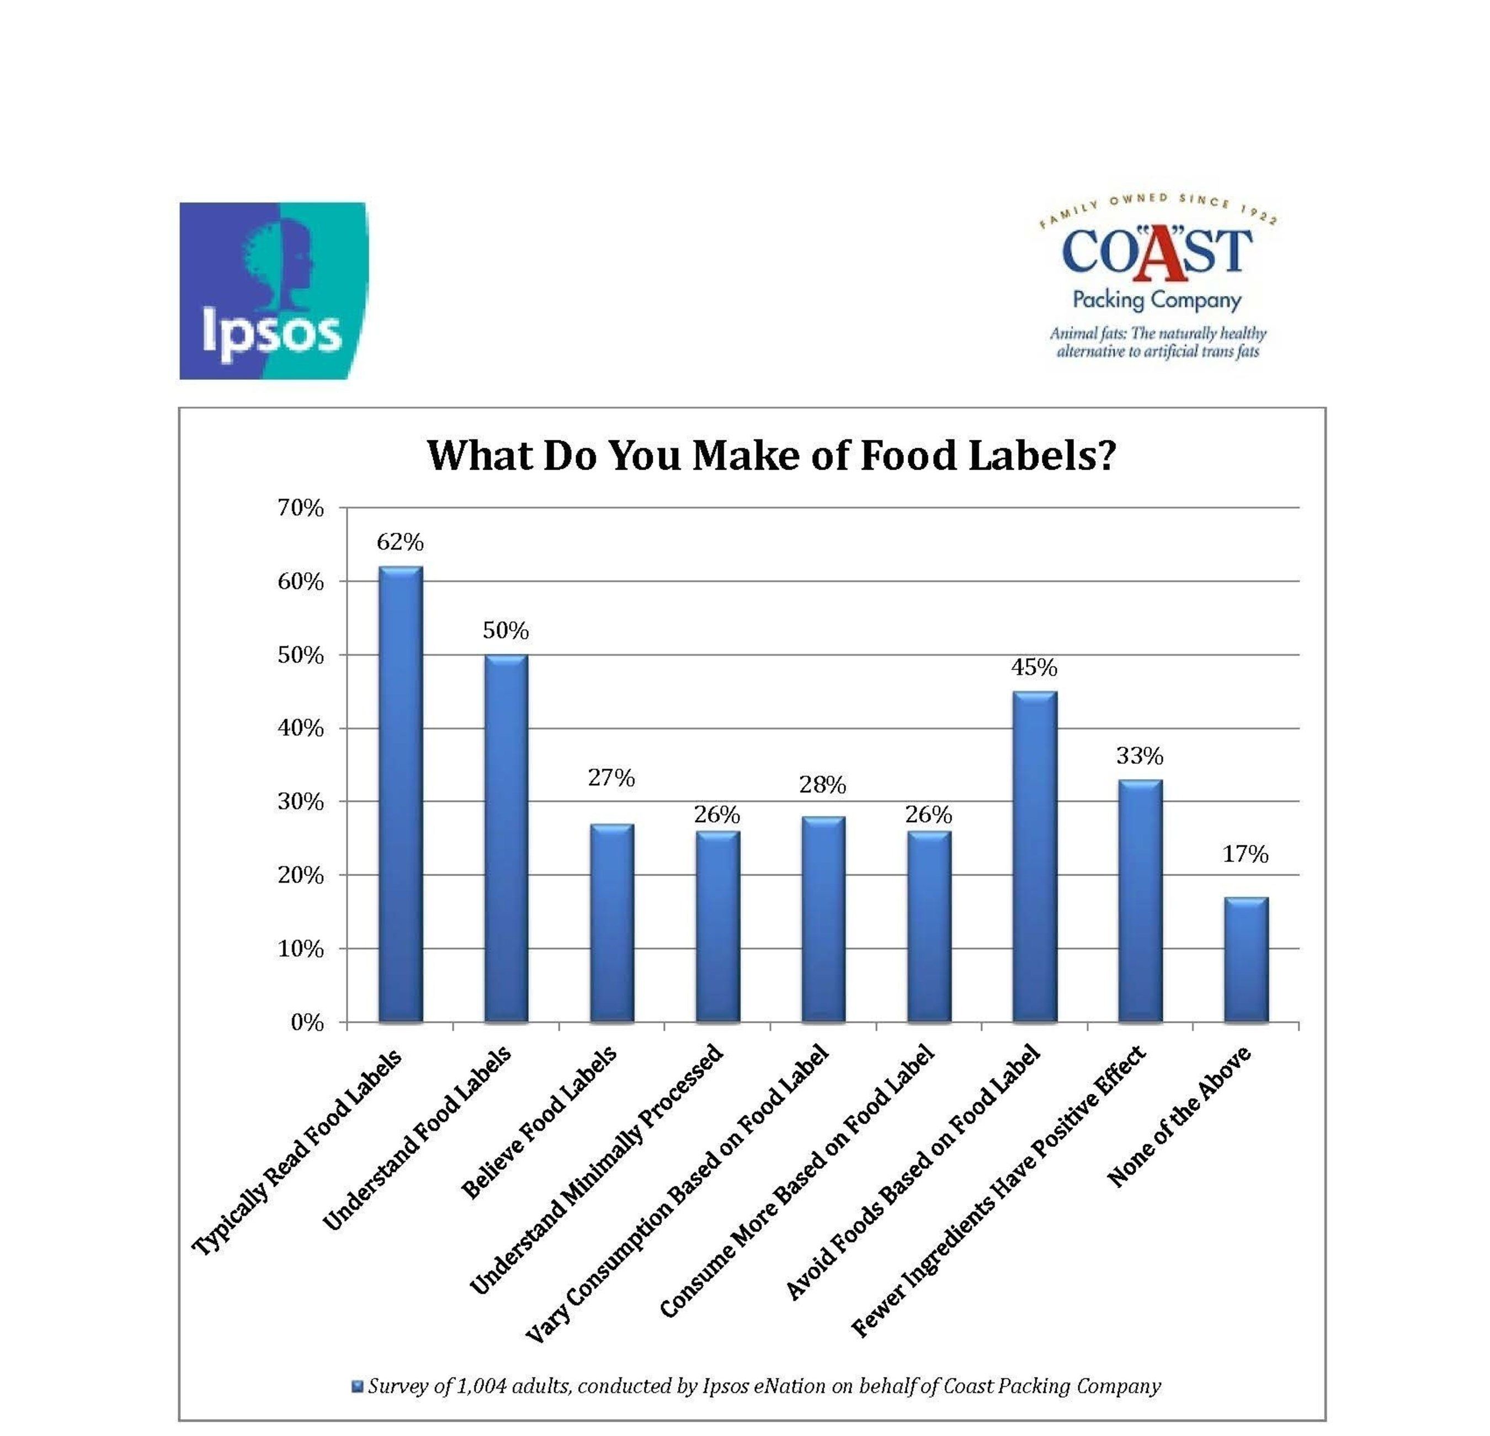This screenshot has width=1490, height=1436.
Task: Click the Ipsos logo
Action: point(274,290)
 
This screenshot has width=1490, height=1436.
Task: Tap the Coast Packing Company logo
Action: point(1157,278)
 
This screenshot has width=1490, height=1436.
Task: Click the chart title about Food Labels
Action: point(771,455)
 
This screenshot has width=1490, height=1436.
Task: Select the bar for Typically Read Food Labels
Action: point(401,794)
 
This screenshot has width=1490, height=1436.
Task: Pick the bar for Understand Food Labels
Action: point(506,838)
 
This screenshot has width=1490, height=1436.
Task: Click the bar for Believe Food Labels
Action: point(612,923)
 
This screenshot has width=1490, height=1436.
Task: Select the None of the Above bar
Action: point(1245,959)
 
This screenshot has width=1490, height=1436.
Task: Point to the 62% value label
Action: point(400,542)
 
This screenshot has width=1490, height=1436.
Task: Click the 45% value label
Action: point(1034,667)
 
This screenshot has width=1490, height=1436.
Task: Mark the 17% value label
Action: point(1245,854)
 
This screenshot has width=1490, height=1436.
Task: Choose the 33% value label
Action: point(1140,756)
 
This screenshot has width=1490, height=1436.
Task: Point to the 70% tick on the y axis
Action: point(300,508)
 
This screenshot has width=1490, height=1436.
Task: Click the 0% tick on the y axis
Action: point(307,1023)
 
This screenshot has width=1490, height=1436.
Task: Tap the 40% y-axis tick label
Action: point(300,728)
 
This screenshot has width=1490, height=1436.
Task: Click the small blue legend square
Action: point(357,1386)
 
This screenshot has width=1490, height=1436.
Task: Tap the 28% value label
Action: point(823,785)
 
